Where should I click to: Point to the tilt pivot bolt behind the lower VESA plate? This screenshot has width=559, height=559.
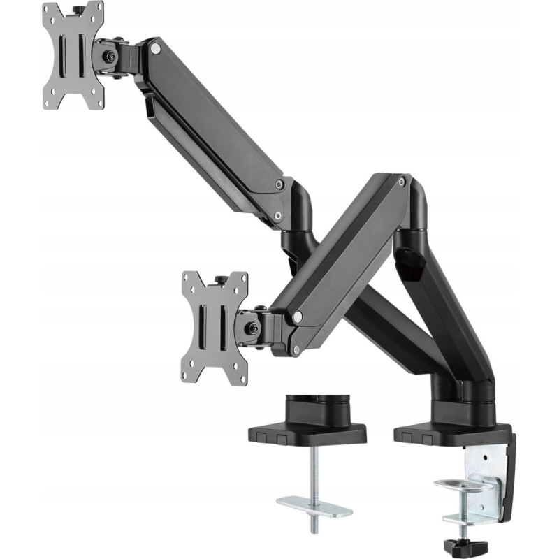251,326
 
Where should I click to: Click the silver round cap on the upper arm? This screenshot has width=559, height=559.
155,48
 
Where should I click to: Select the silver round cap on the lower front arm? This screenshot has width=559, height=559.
298,317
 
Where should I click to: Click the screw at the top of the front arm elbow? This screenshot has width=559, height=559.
401,182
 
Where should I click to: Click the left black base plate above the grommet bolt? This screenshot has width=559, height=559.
307,433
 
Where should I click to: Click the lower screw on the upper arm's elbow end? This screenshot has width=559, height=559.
278,216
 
